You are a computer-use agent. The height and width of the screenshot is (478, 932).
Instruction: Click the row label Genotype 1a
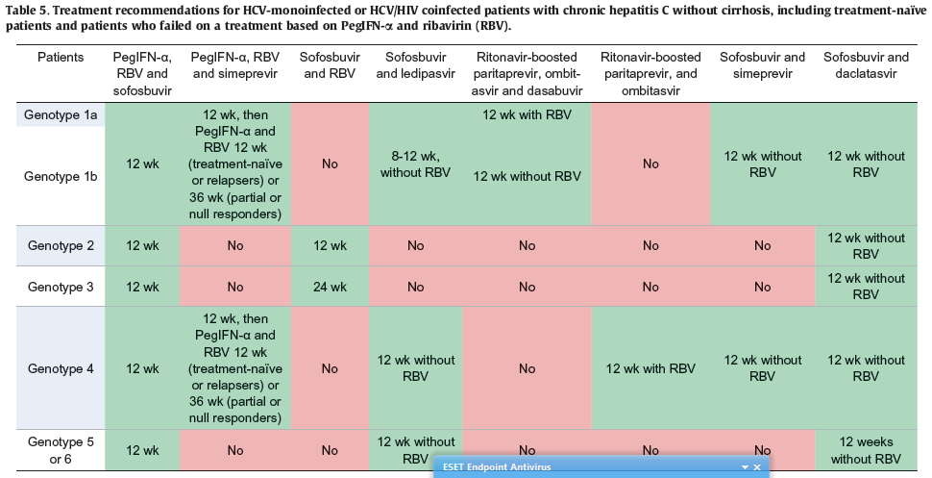click(61, 114)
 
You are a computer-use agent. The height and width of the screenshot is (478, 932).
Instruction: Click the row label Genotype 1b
click(61, 176)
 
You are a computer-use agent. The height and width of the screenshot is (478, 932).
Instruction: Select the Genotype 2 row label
click(61, 246)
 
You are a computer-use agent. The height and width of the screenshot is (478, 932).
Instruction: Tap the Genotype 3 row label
click(61, 287)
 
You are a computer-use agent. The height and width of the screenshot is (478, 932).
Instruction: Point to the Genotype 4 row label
click(61, 368)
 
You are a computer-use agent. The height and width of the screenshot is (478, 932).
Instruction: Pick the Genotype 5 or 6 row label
click(61, 450)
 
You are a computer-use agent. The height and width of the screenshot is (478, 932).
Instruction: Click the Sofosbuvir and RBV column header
click(330, 65)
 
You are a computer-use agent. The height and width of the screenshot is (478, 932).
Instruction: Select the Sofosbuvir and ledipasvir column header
click(415, 65)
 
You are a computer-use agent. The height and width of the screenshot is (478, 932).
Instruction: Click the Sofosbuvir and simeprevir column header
click(762, 65)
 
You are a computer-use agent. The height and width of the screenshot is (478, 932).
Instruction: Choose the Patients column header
click(61, 58)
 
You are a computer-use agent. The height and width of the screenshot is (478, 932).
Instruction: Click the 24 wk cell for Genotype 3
click(330, 287)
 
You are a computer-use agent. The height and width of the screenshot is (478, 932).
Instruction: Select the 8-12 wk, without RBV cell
click(415, 164)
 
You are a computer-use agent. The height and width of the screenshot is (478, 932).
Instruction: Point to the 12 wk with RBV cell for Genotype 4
click(650, 368)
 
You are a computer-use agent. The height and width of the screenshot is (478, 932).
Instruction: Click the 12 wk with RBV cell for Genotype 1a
click(527, 114)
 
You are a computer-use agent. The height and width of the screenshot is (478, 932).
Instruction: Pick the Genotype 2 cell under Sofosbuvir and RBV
click(330, 246)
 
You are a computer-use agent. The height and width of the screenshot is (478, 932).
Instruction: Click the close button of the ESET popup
click(757, 467)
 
